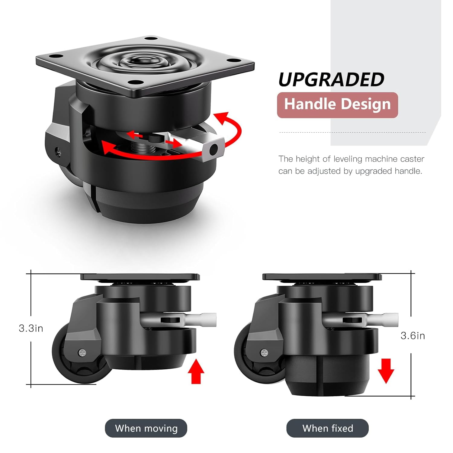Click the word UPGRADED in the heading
coord(331,79)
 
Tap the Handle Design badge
coord(337,104)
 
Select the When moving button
coord(146,428)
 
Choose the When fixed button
coord(328,428)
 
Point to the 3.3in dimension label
coord(31,328)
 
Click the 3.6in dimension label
coord(413,336)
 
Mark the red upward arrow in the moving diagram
coord(196,371)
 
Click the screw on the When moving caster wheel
coord(82,352)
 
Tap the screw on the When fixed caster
coord(264,352)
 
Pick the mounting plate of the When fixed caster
coord(322,277)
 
